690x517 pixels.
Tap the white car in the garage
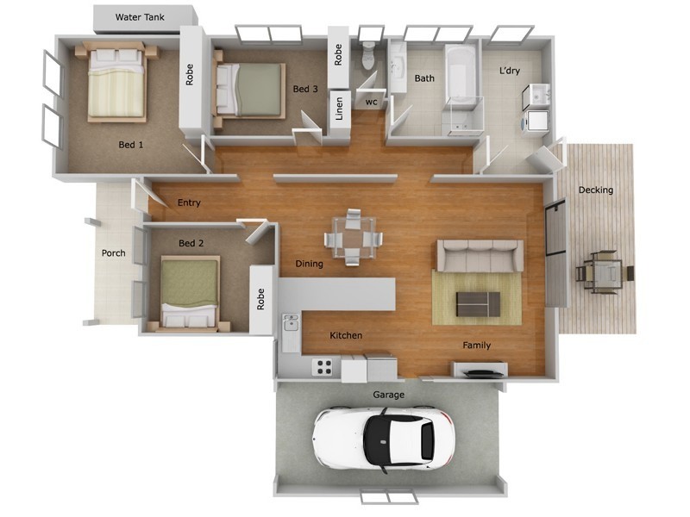(385, 437)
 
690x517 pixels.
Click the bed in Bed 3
(250, 90)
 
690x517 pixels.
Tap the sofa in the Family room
(480, 255)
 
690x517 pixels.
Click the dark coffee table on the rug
(478, 302)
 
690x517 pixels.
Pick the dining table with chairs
(354, 236)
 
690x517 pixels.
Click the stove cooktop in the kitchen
(323, 367)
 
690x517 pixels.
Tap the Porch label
(113, 253)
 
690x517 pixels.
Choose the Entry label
(189, 203)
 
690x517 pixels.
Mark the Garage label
(388, 395)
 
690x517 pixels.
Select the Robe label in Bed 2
(260, 298)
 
